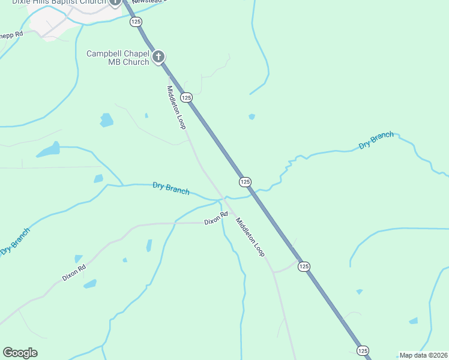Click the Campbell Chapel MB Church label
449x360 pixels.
coord(118,58)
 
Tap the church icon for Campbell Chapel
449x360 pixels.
coord(158,57)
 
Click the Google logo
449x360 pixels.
coord(20,353)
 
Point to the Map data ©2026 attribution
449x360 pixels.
coord(423,355)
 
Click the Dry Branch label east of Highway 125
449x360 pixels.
coord(376,140)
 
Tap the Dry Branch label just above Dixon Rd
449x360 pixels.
coord(171,188)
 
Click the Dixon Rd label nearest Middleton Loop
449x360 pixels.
coord(215,218)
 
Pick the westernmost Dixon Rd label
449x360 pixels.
coord(74,273)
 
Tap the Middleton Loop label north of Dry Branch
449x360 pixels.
coord(176,107)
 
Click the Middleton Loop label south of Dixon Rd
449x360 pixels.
coord(250,237)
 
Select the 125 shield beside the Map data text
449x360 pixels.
coord(362,350)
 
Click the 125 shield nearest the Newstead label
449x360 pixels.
coord(136,21)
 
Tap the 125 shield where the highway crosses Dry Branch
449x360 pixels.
coord(244,181)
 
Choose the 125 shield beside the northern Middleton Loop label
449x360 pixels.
coord(187,97)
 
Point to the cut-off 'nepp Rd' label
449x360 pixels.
coord(11,34)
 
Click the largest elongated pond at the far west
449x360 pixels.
coord(48,150)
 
